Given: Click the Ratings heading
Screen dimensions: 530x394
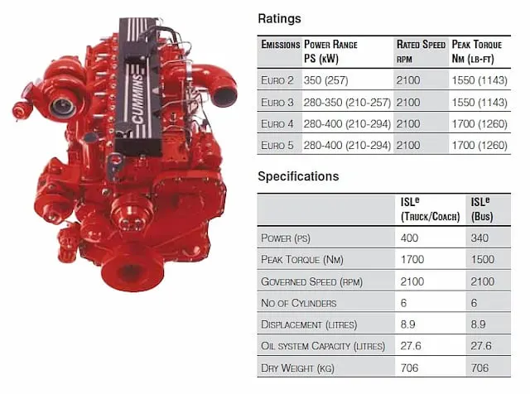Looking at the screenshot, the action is [279, 18].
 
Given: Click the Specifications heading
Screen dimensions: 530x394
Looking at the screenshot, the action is [298, 176].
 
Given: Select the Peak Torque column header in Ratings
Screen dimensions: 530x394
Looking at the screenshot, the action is [477, 51].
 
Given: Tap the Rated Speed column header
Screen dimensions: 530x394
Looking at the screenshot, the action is [421, 51].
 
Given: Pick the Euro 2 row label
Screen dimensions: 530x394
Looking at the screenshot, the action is [277, 80].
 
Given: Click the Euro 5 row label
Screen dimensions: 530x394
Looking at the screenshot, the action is [277, 146].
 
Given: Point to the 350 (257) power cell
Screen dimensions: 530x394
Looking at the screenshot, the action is [325, 80].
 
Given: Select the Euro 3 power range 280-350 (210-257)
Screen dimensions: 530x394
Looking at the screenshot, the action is [347, 103].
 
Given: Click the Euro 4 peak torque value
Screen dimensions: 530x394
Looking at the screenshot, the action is [479, 124].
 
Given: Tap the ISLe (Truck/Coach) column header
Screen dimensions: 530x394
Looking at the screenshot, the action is [430, 209].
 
